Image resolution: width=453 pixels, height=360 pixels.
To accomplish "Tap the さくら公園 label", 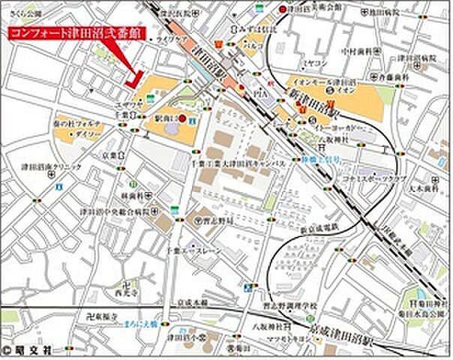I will point(22,13).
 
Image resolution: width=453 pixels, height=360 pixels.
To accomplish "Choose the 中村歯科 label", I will point(357,52).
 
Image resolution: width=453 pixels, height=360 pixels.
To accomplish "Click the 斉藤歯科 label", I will point(394,77).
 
